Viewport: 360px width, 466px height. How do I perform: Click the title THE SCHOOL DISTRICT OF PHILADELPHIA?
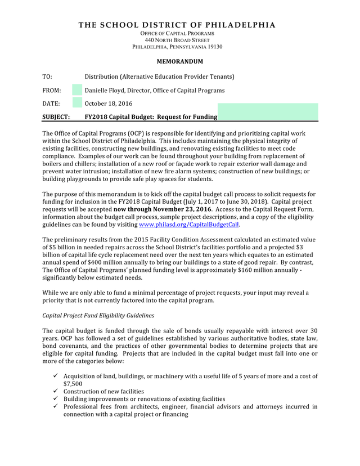[177, 25]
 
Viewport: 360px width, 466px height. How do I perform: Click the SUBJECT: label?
[56, 117]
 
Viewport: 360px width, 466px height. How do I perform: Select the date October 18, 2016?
[109, 104]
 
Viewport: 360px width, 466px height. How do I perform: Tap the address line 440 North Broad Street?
[177, 40]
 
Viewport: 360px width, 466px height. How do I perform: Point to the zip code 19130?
[214, 47]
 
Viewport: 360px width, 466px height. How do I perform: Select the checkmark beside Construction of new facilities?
[55, 391]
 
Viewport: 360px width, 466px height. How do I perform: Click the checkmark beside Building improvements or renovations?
[55, 399]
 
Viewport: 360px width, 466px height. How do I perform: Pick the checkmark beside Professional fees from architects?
[55, 406]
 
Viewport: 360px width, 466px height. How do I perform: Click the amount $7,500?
[73, 384]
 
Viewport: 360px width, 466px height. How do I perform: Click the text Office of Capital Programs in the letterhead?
[177, 33]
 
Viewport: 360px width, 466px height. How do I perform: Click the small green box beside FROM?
[77, 90]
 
